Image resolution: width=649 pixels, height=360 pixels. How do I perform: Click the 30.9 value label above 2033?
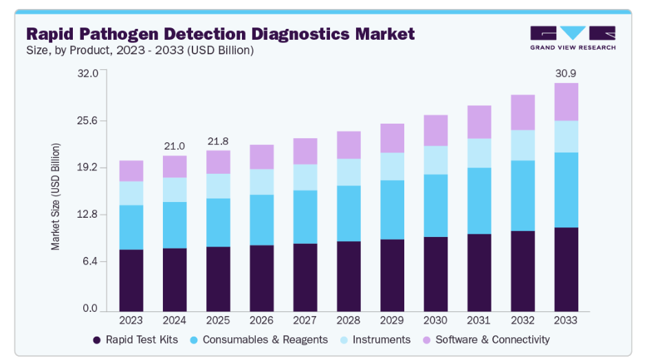(566, 73)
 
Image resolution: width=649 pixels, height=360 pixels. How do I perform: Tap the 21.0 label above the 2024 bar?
(175, 146)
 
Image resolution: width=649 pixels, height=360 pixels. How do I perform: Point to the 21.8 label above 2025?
(218, 141)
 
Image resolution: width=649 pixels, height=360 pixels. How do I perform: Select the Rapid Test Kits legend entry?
(141, 339)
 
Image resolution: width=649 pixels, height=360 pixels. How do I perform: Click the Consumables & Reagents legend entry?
(261, 339)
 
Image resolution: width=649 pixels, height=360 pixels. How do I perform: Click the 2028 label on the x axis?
(349, 320)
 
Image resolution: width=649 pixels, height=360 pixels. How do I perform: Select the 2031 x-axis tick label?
(479, 320)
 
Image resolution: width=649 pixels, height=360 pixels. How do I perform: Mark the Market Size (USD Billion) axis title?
(56, 196)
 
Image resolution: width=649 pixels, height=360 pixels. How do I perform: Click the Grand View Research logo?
(572, 37)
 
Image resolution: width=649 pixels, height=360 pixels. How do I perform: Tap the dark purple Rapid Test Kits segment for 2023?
(131, 280)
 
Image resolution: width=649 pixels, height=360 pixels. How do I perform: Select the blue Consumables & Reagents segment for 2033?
(566, 190)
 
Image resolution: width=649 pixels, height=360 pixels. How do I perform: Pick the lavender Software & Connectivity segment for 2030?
(435, 131)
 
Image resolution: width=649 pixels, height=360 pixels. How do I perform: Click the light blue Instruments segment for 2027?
(305, 177)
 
